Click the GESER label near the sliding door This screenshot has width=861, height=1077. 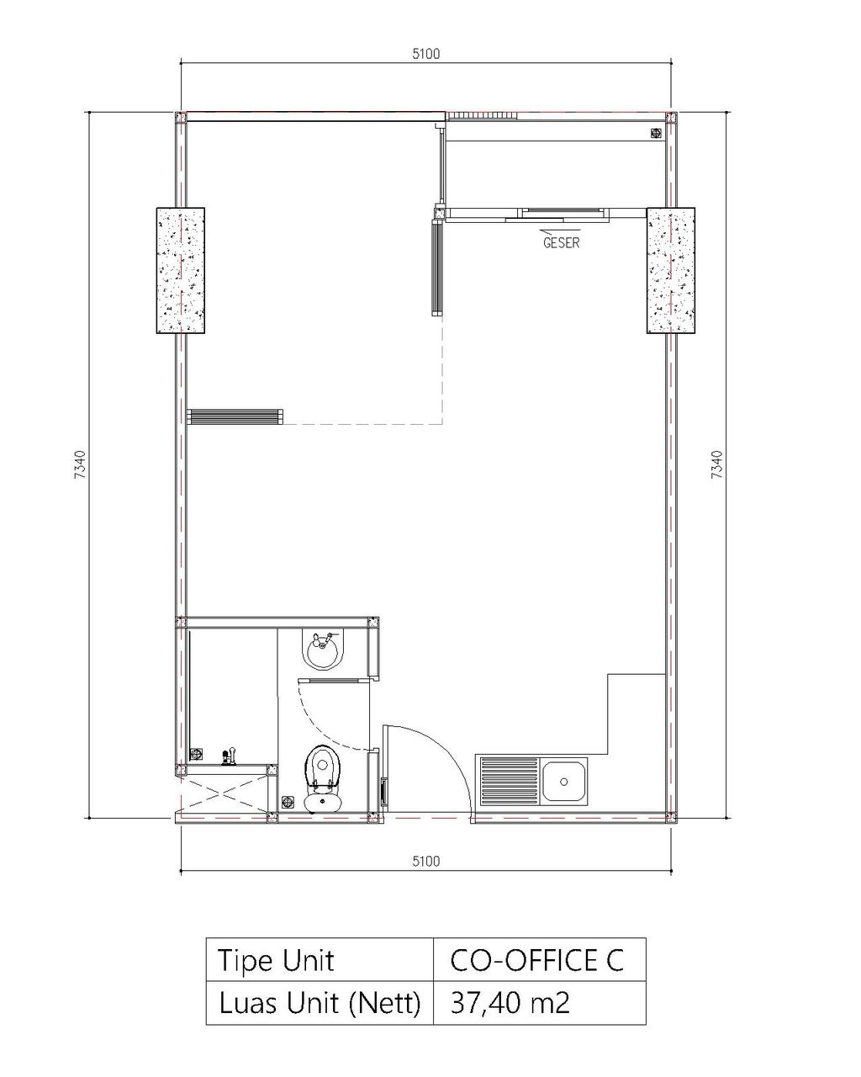coord(561,242)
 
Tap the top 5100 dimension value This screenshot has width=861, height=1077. coord(425,54)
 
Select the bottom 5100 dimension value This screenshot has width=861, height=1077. coord(425,861)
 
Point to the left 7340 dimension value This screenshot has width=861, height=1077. coord(80,464)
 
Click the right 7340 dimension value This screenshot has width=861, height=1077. coord(716,464)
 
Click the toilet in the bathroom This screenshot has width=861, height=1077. coord(323,779)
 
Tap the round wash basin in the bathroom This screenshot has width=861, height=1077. coord(323,649)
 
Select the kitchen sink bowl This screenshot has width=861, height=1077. coord(564,781)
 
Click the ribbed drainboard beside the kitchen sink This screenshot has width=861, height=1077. coord(510,781)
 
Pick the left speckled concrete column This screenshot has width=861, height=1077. coord(181,270)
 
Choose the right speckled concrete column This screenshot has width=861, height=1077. coord(670,270)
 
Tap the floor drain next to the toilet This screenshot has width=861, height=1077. coord(288,802)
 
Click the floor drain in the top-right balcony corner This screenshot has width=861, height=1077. coord(656,133)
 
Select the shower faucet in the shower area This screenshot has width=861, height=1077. coord(229,756)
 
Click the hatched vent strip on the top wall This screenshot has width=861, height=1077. coord(483,116)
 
